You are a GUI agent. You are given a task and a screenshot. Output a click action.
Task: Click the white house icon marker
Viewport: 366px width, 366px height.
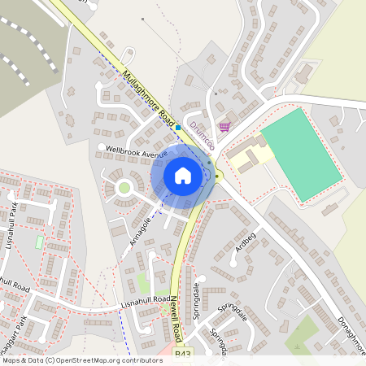pos(183,176)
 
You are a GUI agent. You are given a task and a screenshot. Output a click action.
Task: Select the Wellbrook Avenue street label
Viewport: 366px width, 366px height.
pos(131,150)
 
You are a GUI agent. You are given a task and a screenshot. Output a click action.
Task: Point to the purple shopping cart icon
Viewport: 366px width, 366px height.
pos(224,126)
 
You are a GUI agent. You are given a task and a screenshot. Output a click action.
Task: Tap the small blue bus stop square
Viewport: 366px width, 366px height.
pos(177,127)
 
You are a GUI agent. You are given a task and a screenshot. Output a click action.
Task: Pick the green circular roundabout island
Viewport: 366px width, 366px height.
pos(124,188)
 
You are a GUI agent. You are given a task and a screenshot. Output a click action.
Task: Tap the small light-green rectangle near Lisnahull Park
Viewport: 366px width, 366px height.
pos(40,242)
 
